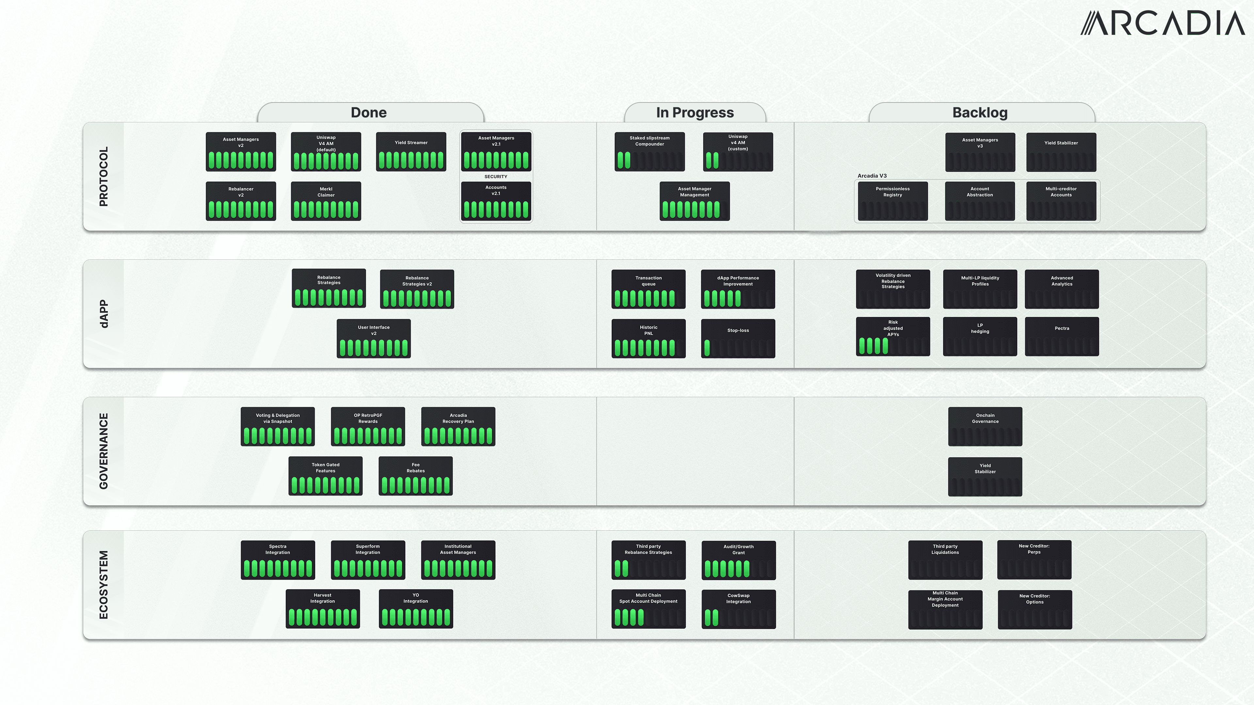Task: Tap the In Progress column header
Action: [695, 112]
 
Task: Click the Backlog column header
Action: [980, 112]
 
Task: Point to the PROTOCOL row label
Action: [103, 177]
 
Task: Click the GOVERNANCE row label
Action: [103, 451]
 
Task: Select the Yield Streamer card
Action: [411, 152]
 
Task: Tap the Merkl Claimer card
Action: [326, 201]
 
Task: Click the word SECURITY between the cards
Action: [496, 177]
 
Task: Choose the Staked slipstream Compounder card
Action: [650, 152]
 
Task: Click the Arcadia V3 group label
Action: [872, 176]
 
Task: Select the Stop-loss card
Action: [738, 339]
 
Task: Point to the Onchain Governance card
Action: [985, 426]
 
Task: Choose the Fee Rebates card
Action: [415, 476]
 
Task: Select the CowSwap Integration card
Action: [738, 609]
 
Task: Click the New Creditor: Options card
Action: [1035, 610]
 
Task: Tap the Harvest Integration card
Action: [322, 609]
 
